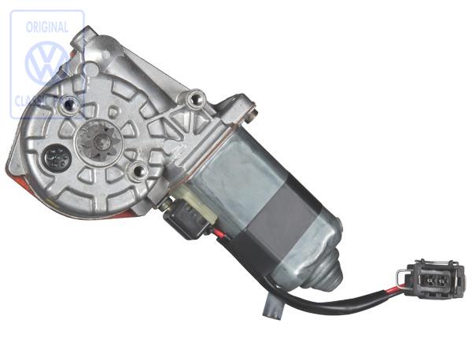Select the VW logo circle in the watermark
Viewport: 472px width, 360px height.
[x=47, y=63]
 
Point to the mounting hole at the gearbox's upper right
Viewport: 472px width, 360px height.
[x=194, y=99]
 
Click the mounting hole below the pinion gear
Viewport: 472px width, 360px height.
[x=138, y=171]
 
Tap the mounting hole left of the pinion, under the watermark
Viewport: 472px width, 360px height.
[x=70, y=103]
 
